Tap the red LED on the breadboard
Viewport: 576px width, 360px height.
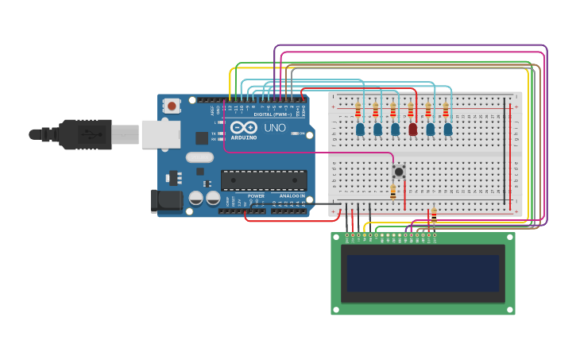(412, 129)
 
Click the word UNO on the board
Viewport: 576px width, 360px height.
(274, 128)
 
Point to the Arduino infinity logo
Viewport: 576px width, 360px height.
(245, 127)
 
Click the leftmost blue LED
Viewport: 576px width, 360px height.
(360, 129)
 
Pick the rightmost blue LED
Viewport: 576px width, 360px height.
(448, 129)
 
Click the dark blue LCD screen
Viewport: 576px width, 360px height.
(423, 273)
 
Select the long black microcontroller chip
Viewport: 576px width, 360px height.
(263, 180)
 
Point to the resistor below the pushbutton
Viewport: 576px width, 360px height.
(392, 192)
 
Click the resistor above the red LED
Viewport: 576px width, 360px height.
(411, 110)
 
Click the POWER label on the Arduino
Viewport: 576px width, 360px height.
(256, 195)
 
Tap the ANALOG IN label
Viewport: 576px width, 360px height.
(292, 195)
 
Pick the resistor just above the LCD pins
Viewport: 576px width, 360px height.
(434, 215)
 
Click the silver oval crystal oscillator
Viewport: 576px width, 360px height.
(199, 157)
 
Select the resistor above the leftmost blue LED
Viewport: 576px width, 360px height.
(358, 110)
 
